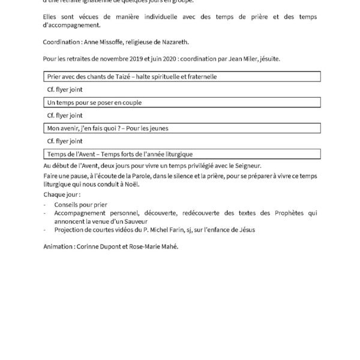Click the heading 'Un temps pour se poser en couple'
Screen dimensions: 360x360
pyautogui.click(x=94, y=103)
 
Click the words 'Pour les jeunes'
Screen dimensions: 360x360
pyautogui.click(x=148, y=128)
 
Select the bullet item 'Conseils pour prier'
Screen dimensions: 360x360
pyautogui.click(x=78, y=205)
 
